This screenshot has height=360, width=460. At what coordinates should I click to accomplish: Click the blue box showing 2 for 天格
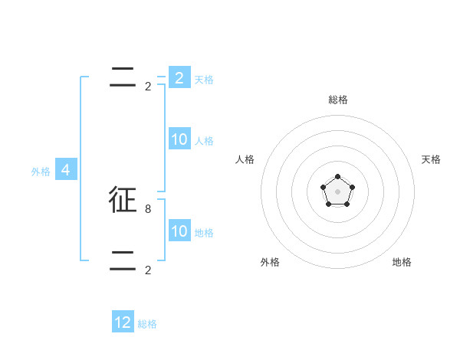pos(179,78)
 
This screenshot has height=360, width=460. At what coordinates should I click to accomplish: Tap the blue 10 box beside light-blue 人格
pos(179,139)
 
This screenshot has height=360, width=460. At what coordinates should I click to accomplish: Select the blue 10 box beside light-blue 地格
pos(179,231)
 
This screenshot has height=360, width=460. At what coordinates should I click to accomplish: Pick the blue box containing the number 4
pos(66,170)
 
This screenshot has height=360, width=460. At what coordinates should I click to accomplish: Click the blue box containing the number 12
pos(123,322)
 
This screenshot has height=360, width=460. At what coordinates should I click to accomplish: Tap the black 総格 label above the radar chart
pos(337,100)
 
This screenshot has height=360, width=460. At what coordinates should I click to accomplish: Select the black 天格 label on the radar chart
pos(431,159)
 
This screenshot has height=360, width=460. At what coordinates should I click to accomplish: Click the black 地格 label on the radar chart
pos(402,262)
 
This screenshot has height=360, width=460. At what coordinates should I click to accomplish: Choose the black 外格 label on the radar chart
pos(270,262)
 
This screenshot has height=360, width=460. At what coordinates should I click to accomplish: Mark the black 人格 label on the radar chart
pos(245,159)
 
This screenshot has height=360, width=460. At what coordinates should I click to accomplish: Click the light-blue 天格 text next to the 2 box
pos(204,79)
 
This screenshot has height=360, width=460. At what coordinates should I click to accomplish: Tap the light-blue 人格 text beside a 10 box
pos(204,141)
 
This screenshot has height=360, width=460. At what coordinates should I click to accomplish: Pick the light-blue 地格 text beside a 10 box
pos(204,233)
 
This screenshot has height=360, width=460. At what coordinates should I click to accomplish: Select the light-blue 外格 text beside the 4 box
pos(41,172)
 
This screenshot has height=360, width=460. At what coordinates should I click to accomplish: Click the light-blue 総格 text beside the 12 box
pos(147,324)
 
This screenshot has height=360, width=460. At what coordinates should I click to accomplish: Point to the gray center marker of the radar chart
pos(337,191)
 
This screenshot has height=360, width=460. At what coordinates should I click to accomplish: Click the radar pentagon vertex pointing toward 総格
pos(337,177)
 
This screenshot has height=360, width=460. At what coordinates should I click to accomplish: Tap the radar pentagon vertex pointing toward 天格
pos(352,187)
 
